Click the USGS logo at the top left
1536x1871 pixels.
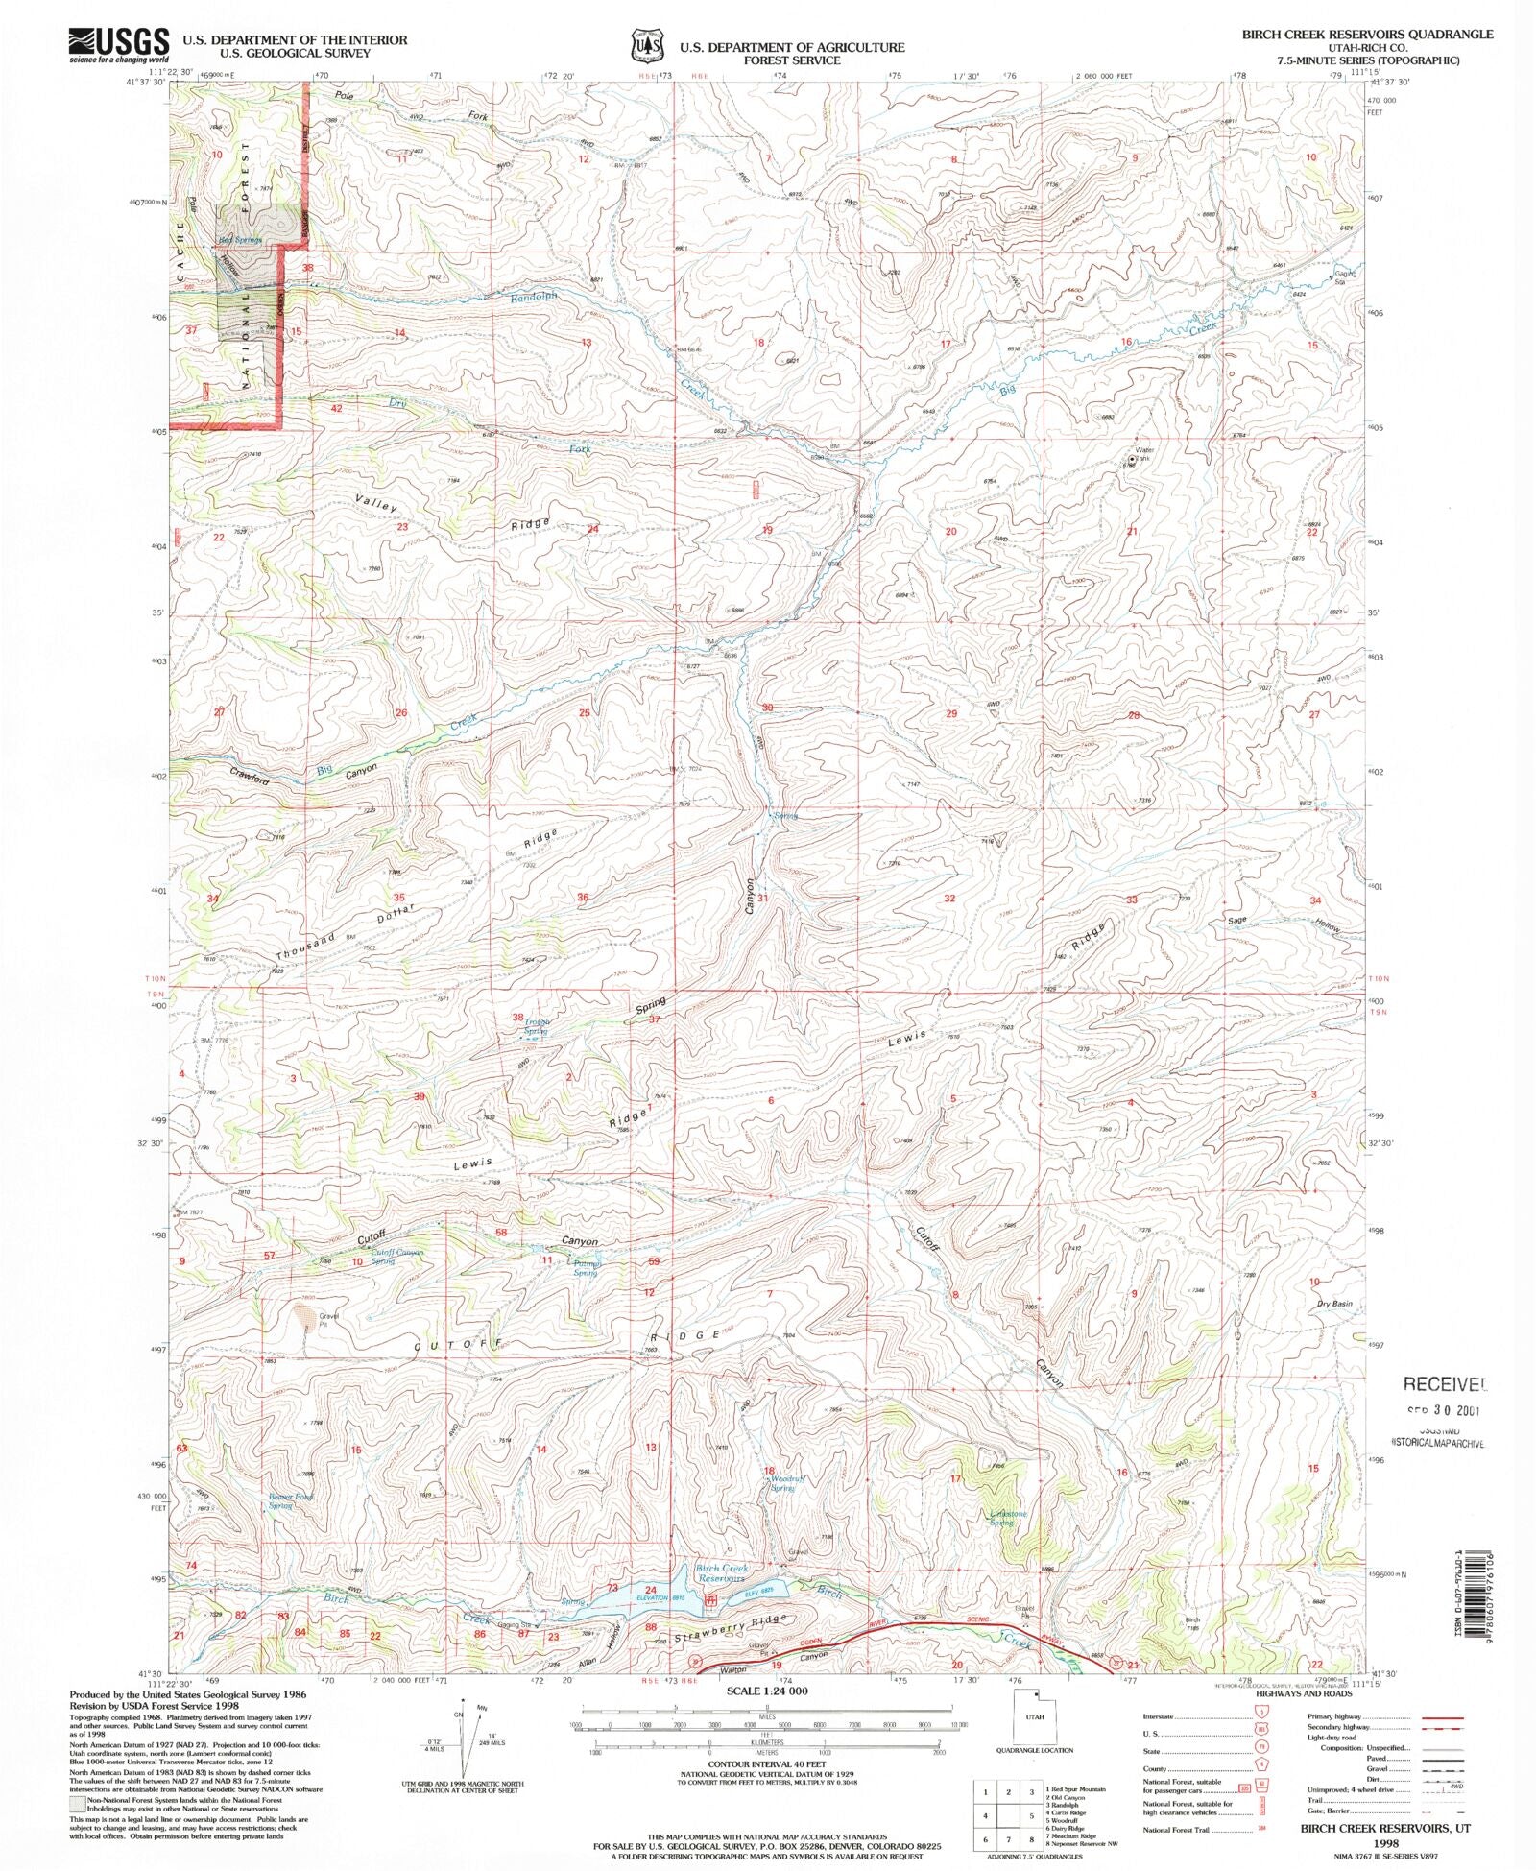point(118,44)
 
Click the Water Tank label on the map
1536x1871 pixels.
point(1143,454)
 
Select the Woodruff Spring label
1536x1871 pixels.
point(782,1483)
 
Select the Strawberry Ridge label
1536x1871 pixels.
point(732,1629)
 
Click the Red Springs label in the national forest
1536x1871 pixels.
point(240,240)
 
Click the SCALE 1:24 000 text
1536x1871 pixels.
point(767,1691)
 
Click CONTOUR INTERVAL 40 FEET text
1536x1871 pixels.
point(766,1764)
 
